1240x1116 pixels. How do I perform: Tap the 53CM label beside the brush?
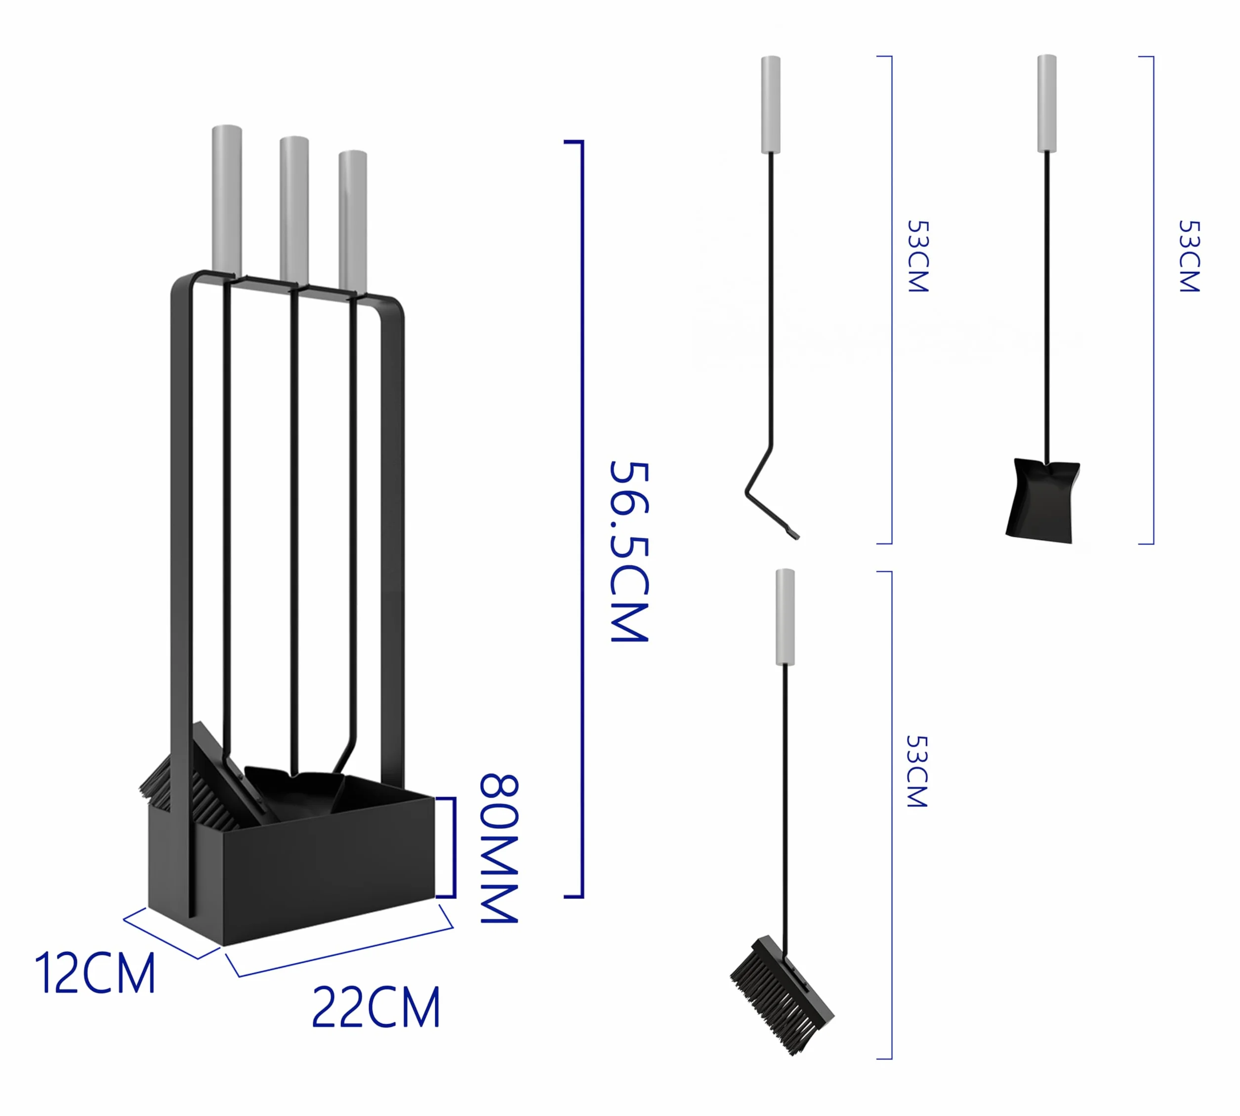tap(917, 771)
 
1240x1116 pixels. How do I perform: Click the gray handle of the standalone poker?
tap(771, 104)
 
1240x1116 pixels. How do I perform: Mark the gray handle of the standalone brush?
tap(785, 617)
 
